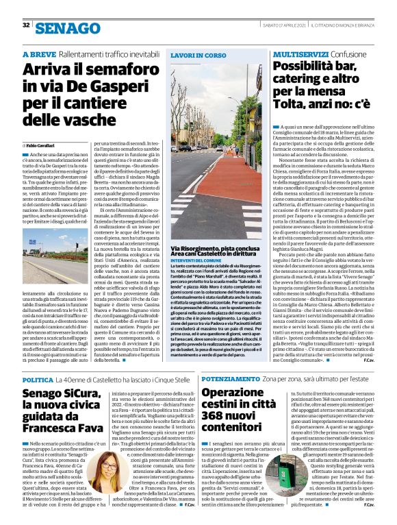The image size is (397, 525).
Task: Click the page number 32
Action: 26,25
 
